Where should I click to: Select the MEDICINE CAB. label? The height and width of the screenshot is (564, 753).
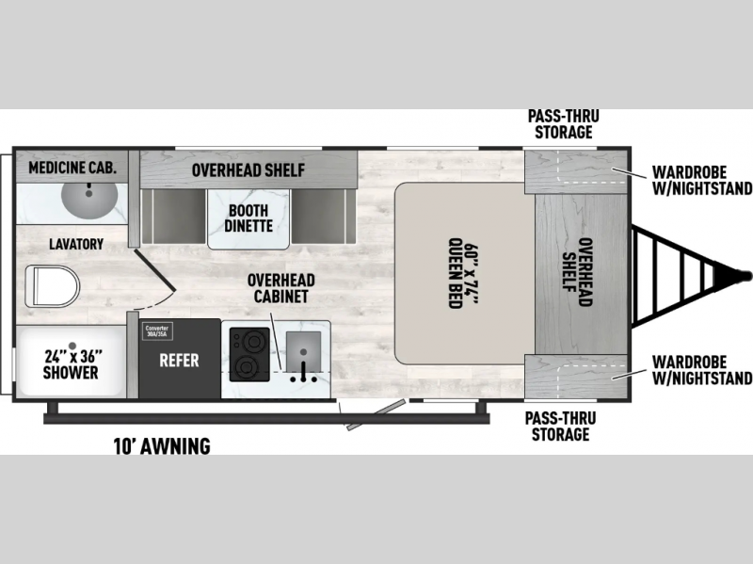pos(72,169)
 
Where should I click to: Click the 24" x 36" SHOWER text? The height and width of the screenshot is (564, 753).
pos(71,364)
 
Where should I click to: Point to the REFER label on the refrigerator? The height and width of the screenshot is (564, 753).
pos(177,359)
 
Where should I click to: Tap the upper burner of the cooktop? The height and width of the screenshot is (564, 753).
pos(249,340)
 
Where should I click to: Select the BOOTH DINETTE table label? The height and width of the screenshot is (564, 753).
pos(248,218)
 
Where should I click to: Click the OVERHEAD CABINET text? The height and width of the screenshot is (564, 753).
pos(281,288)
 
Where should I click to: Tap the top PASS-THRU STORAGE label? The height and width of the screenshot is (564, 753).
pos(563,124)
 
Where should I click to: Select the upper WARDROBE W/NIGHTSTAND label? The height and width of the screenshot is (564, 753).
pos(701,181)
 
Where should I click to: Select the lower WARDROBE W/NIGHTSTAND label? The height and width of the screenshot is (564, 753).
pos(701,371)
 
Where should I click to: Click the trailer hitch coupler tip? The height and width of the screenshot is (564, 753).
pos(746,275)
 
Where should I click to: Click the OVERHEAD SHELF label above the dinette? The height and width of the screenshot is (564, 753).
pos(248,170)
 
